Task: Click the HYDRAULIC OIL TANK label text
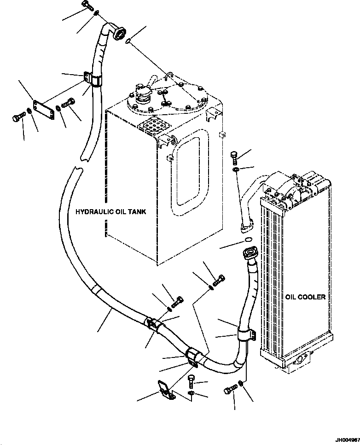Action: coord(110,211)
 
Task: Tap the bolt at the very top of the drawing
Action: coord(88,5)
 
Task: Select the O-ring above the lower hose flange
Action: coord(248,239)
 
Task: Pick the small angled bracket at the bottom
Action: coord(165,390)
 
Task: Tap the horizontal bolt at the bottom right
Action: coord(230,390)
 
